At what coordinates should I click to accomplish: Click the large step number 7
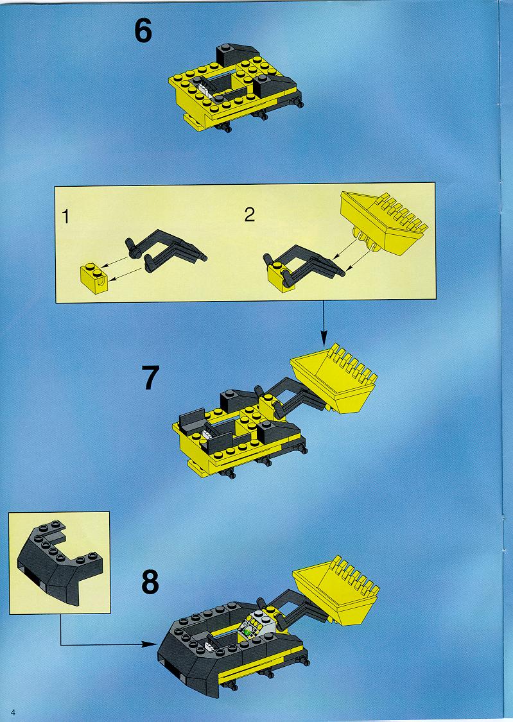[x=150, y=377]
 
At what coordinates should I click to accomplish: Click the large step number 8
[x=150, y=582]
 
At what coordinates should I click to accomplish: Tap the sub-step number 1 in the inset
[x=66, y=216]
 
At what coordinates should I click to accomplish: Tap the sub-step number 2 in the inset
[x=250, y=214]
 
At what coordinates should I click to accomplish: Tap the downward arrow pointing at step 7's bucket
[x=323, y=324]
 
